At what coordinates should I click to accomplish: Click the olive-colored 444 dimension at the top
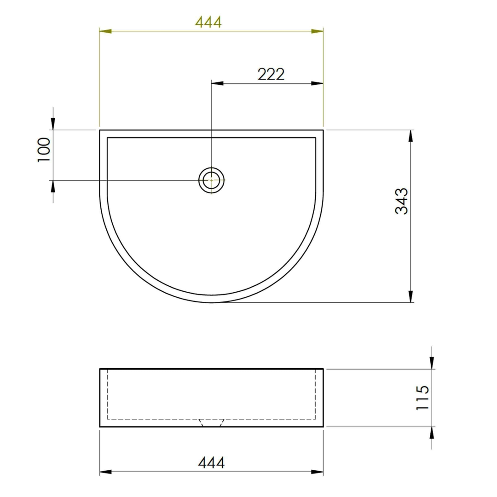(x=208, y=22)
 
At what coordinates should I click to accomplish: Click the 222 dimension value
(x=271, y=74)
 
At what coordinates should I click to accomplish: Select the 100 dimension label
(x=44, y=150)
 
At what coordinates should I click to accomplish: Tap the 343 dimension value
(x=402, y=201)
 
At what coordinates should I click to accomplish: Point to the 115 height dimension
(x=422, y=398)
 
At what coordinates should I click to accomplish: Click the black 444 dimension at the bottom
(x=211, y=462)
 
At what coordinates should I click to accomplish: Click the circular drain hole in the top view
(x=211, y=180)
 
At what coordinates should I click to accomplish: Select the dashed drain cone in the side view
(x=211, y=422)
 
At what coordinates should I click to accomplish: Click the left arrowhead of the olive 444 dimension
(x=106, y=31)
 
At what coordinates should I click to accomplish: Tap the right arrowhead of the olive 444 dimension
(x=317, y=31)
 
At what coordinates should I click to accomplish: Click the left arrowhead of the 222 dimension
(x=217, y=83)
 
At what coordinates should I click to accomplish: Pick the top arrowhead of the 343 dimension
(x=410, y=136)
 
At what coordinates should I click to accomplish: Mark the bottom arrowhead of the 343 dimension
(x=410, y=296)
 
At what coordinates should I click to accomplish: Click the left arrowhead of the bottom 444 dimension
(x=106, y=472)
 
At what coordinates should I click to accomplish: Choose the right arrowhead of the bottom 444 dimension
(x=317, y=472)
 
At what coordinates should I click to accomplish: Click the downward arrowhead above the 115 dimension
(x=432, y=363)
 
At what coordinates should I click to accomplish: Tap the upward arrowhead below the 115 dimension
(x=432, y=433)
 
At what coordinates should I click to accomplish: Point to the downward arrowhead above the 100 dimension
(x=53, y=124)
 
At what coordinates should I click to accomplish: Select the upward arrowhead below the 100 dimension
(x=53, y=186)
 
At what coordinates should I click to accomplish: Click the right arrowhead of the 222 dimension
(x=317, y=83)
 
